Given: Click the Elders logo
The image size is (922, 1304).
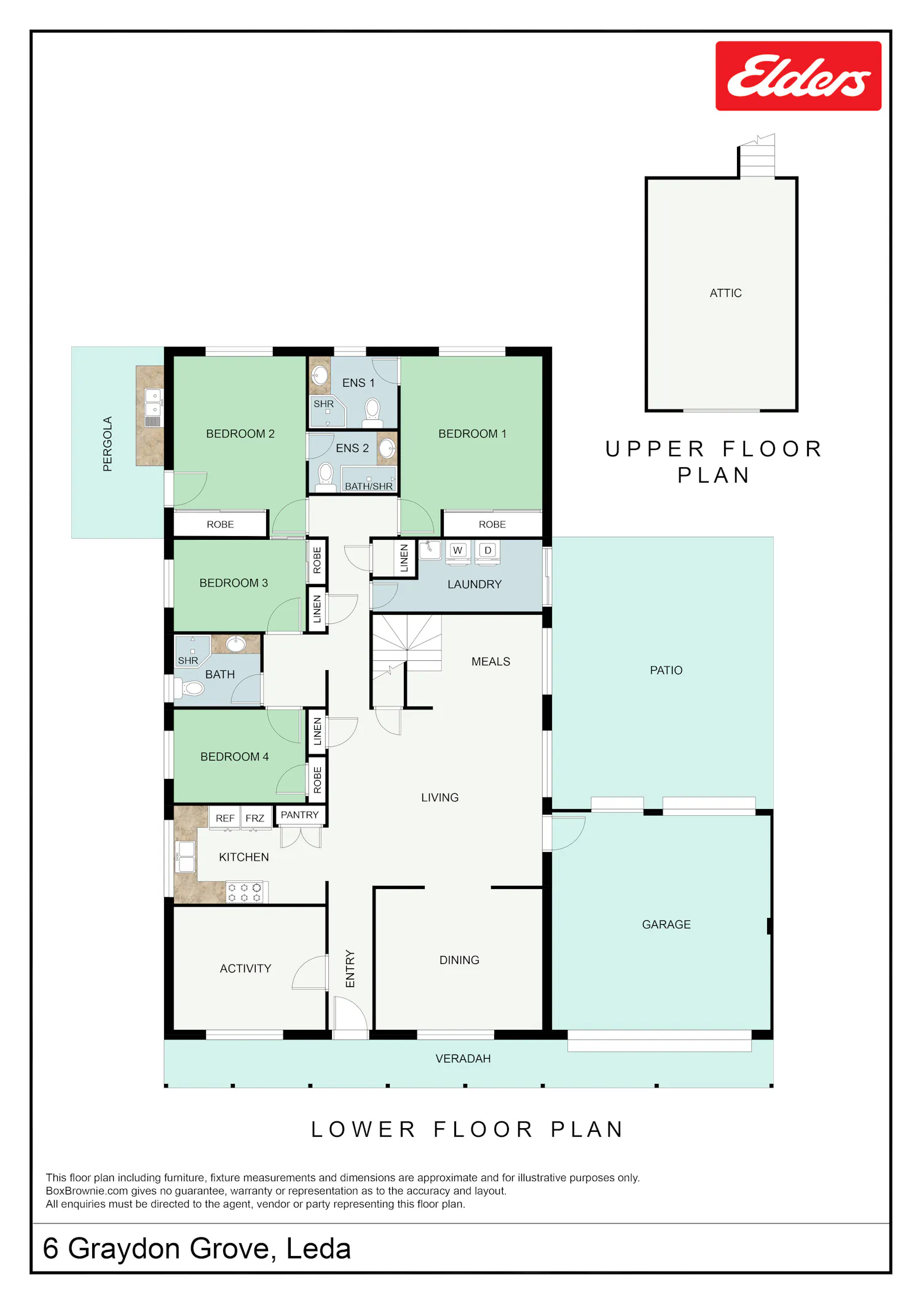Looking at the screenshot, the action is click(798, 76).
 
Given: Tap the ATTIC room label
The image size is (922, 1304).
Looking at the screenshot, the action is click(725, 293).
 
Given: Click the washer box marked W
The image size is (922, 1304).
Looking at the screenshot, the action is click(457, 550).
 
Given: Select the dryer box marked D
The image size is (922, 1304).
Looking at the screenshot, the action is click(488, 550).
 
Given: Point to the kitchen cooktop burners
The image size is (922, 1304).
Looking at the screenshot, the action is click(245, 893).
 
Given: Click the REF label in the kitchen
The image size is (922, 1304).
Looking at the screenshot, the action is click(225, 818).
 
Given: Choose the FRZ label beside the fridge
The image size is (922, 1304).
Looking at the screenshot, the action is click(254, 818).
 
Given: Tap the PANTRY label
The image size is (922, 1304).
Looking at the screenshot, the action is click(299, 815).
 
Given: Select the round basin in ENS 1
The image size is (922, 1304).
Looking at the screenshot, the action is click(320, 375).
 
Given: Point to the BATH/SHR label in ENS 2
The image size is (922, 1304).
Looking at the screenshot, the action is click(369, 486).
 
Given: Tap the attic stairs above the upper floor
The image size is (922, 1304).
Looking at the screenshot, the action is click(757, 156).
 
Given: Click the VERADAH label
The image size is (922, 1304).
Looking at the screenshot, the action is click(463, 1059).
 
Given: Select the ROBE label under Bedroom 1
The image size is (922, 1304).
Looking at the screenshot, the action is click(492, 524).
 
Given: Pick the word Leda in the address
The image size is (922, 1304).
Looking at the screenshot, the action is click(318, 1249).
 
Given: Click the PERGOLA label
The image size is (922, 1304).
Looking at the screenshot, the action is click(108, 444).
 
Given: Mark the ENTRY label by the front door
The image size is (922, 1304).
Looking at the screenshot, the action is click(350, 969).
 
